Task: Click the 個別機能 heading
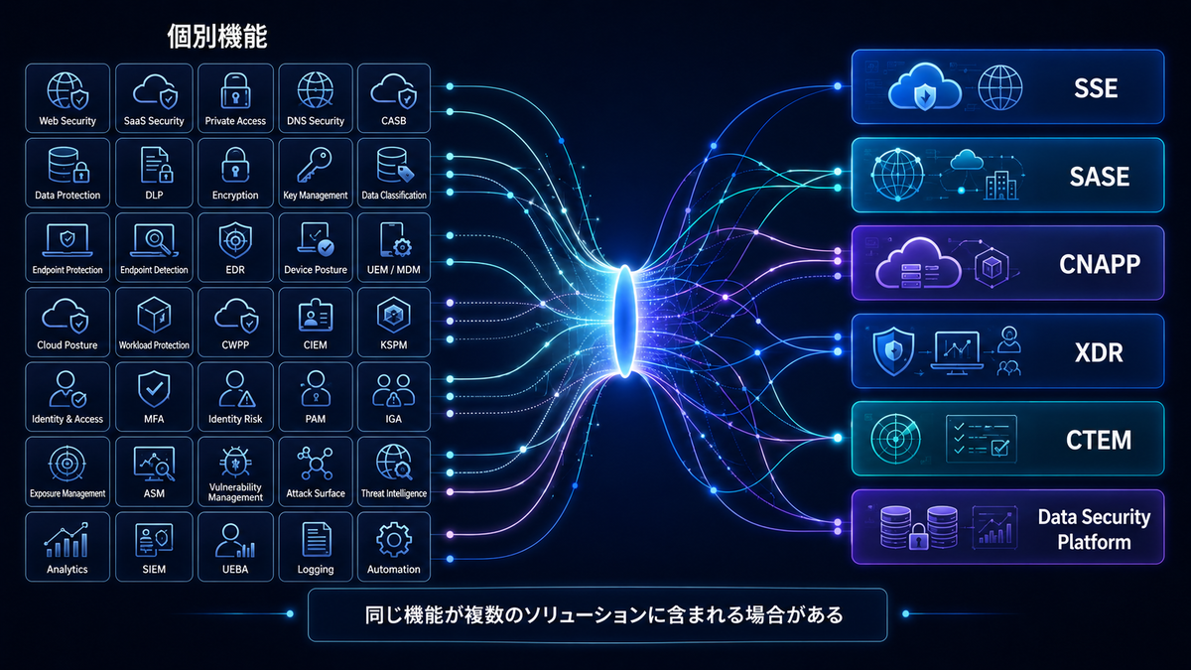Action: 217,37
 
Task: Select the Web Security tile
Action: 67,98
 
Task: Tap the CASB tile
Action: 393,98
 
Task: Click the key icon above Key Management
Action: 315,166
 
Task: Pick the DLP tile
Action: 154,173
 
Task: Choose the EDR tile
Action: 235,248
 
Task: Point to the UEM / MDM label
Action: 393,270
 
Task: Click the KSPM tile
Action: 393,323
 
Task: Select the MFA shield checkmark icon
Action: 154,389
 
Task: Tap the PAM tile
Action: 315,397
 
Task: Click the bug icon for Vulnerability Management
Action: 235,462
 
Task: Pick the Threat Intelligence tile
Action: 393,471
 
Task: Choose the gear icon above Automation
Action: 393,540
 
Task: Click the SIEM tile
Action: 154,547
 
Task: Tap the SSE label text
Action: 1096,88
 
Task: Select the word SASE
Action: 1099,177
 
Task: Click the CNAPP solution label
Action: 1099,264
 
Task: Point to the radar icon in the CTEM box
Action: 895,439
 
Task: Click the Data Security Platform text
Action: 1094,530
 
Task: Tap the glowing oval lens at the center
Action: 625,322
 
